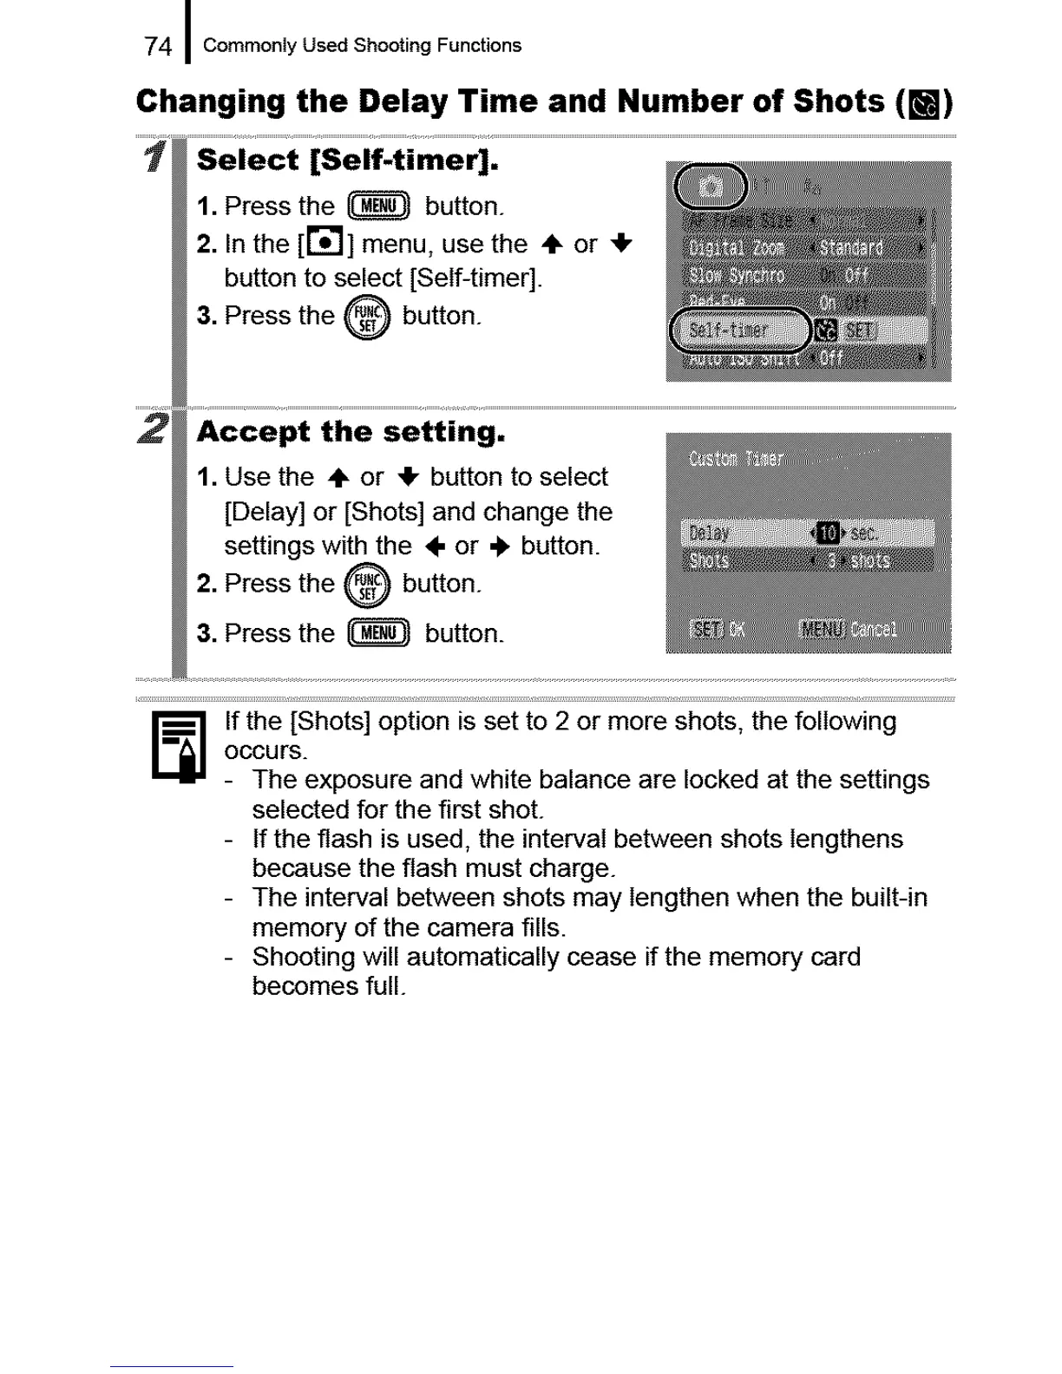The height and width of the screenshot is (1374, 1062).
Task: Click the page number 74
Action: point(158,46)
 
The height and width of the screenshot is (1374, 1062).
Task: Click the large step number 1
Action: point(156,159)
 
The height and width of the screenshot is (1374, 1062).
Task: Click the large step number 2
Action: point(154,429)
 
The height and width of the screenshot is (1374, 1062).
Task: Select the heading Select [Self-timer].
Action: point(347,160)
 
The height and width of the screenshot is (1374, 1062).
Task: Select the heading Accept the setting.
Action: point(351,431)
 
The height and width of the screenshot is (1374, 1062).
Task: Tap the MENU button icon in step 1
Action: point(378,206)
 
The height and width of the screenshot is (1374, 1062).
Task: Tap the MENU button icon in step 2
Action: point(378,633)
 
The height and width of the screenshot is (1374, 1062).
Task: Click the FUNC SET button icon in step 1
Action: point(368,317)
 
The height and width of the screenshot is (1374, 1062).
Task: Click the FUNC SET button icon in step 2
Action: point(368,586)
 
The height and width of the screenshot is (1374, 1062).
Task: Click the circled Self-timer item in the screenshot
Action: point(740,330)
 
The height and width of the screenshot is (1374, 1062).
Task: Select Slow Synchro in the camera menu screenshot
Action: point(737,276)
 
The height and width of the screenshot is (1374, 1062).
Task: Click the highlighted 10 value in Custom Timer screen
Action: point(826,532)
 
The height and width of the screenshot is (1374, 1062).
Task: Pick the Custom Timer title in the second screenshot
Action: point(736,459)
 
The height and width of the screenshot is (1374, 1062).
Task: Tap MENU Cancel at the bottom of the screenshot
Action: point(847,629)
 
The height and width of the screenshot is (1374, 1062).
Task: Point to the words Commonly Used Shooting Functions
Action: point(362,46)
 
